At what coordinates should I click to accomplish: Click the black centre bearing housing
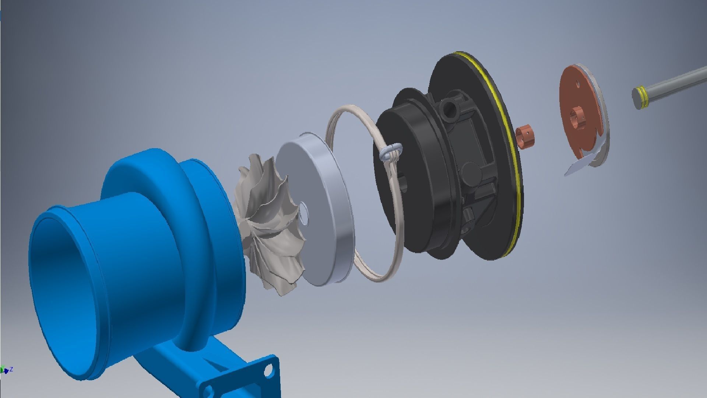pos(442,173)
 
